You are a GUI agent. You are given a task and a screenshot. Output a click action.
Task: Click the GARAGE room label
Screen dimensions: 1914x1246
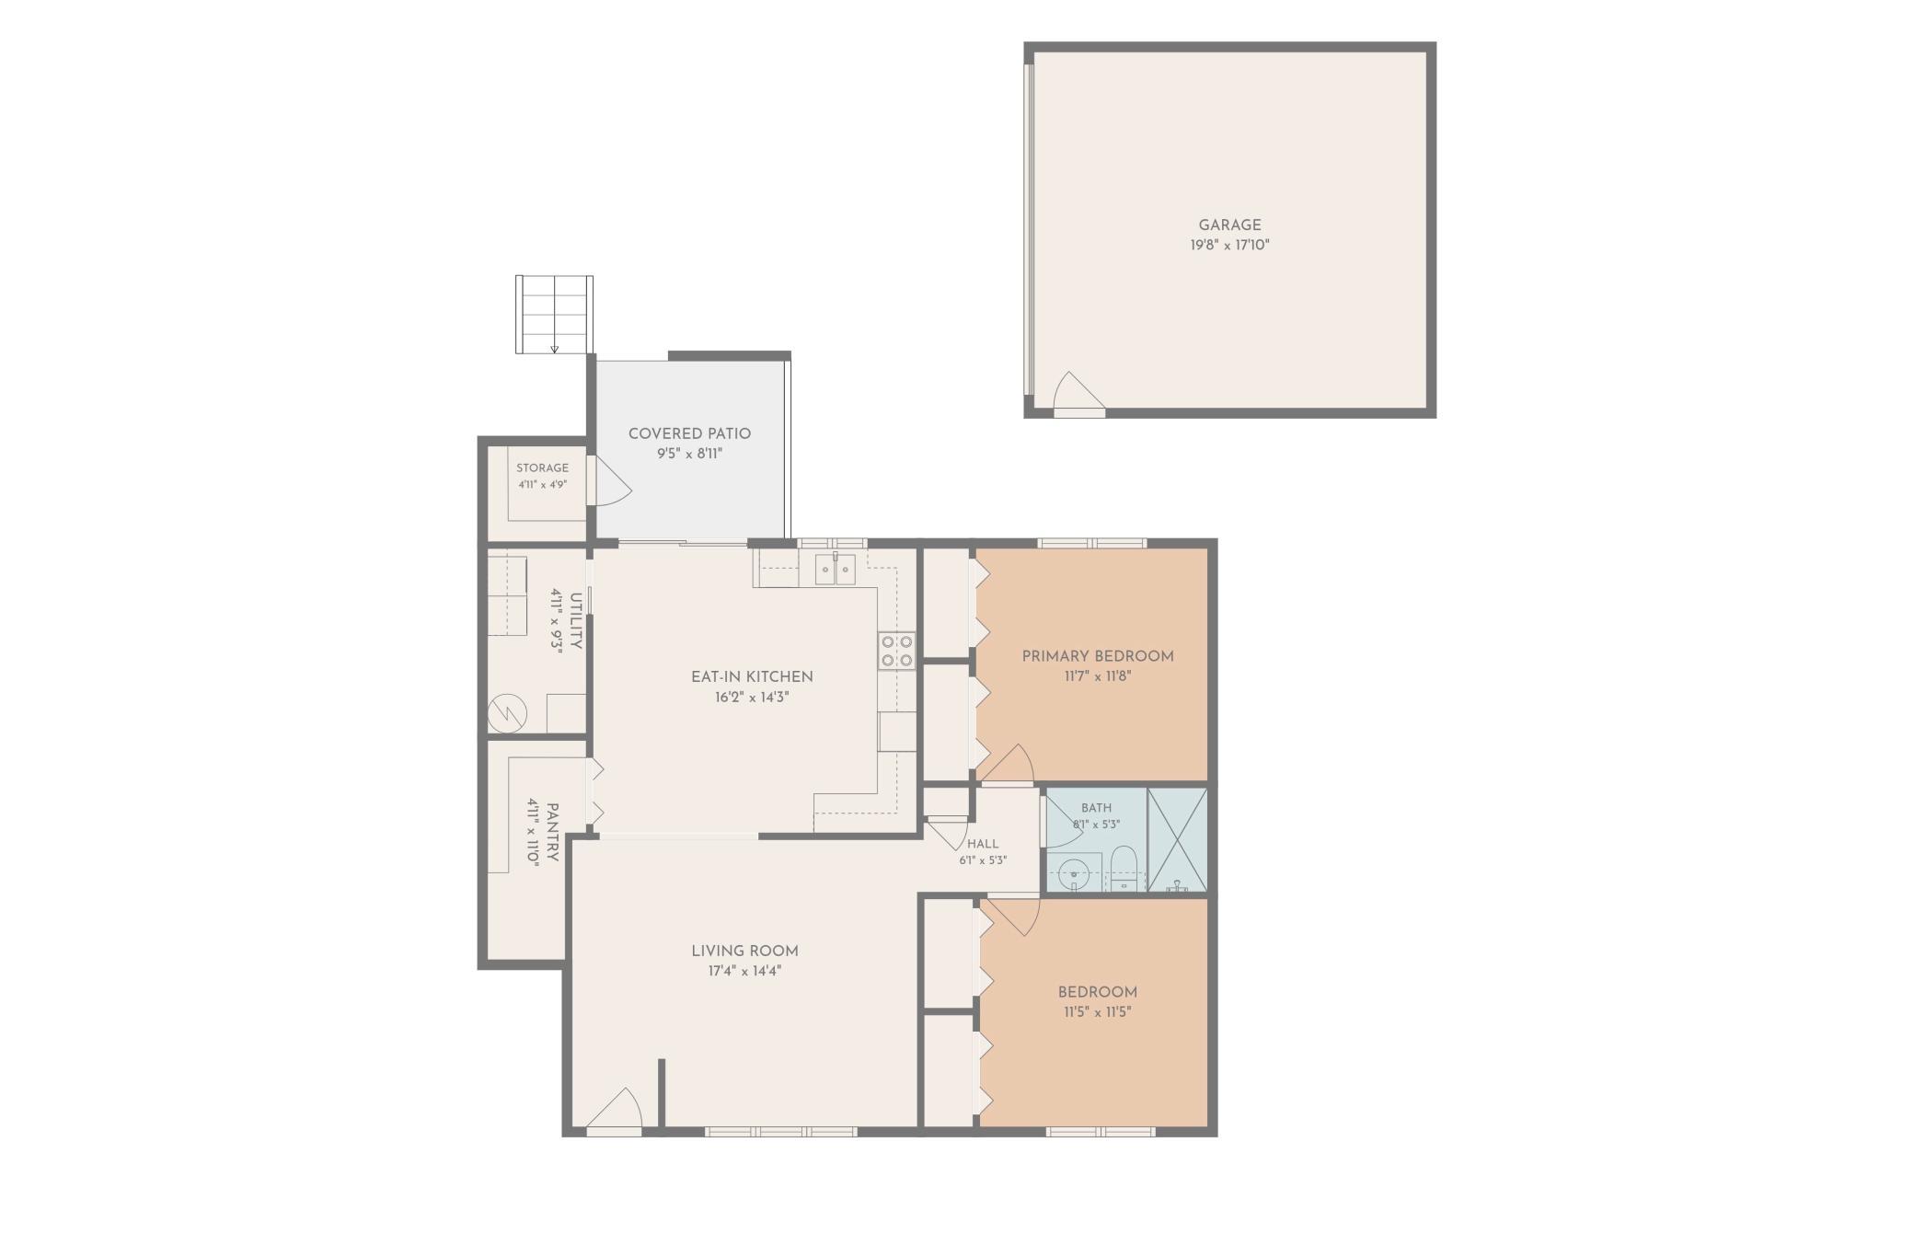coord(1229,225)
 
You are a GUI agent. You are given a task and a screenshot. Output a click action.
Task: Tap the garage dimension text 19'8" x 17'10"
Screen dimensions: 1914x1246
coord(1229,245)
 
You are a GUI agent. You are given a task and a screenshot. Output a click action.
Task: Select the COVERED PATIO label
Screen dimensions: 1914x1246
coord(689,433)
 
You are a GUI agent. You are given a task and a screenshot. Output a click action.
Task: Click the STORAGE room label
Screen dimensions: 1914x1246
coord(542,467)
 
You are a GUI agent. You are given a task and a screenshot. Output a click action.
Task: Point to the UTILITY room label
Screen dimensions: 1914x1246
coord(576,621)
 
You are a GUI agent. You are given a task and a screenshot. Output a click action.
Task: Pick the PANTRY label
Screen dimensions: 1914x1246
coord(552,833)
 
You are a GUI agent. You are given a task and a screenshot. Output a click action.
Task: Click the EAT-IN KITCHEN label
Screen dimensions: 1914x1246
coord(752,676)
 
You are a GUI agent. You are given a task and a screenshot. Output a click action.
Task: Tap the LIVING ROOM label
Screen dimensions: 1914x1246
coord(744,951)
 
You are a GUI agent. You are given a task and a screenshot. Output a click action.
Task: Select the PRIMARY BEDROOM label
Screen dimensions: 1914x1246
coord(1098,656)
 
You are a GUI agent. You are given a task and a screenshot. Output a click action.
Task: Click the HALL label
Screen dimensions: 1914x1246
coord(983,843)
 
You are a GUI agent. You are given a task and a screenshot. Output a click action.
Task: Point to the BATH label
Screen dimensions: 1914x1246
coord(1096,808)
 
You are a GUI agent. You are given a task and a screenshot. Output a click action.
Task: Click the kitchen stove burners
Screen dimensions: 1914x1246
coord(896,651)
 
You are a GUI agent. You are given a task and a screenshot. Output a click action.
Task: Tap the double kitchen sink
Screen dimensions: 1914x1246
coord(835,570)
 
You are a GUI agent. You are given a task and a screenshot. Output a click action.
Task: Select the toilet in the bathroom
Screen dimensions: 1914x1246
coord(1124,869)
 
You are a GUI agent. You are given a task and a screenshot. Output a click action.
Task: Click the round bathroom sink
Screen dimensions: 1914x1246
coord(1072,872)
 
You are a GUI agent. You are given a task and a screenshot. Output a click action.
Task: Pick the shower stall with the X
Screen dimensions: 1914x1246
coord(1177,839)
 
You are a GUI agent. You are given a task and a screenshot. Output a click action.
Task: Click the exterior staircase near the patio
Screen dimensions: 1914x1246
coord(554,315)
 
